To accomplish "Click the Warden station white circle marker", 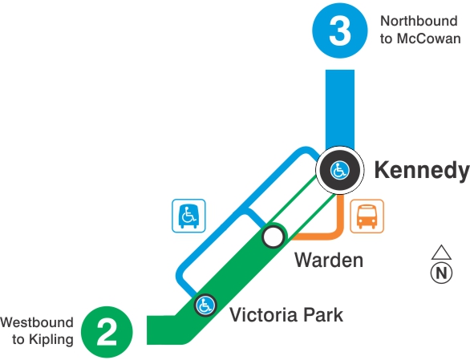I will [x=273, y=237].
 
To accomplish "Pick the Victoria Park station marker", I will [x=205, y=305].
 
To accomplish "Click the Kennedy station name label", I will [x=421, y=171].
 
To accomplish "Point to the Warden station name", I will [x=328, y=261].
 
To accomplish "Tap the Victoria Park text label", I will [x=286, y=314].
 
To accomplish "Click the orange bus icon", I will [x=367, y=216].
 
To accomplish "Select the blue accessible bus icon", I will [x=189, y=216].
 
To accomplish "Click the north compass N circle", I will [x=440, y=273].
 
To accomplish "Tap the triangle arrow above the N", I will [x=440, y=252].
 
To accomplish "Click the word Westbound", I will [x=37, y=322].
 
